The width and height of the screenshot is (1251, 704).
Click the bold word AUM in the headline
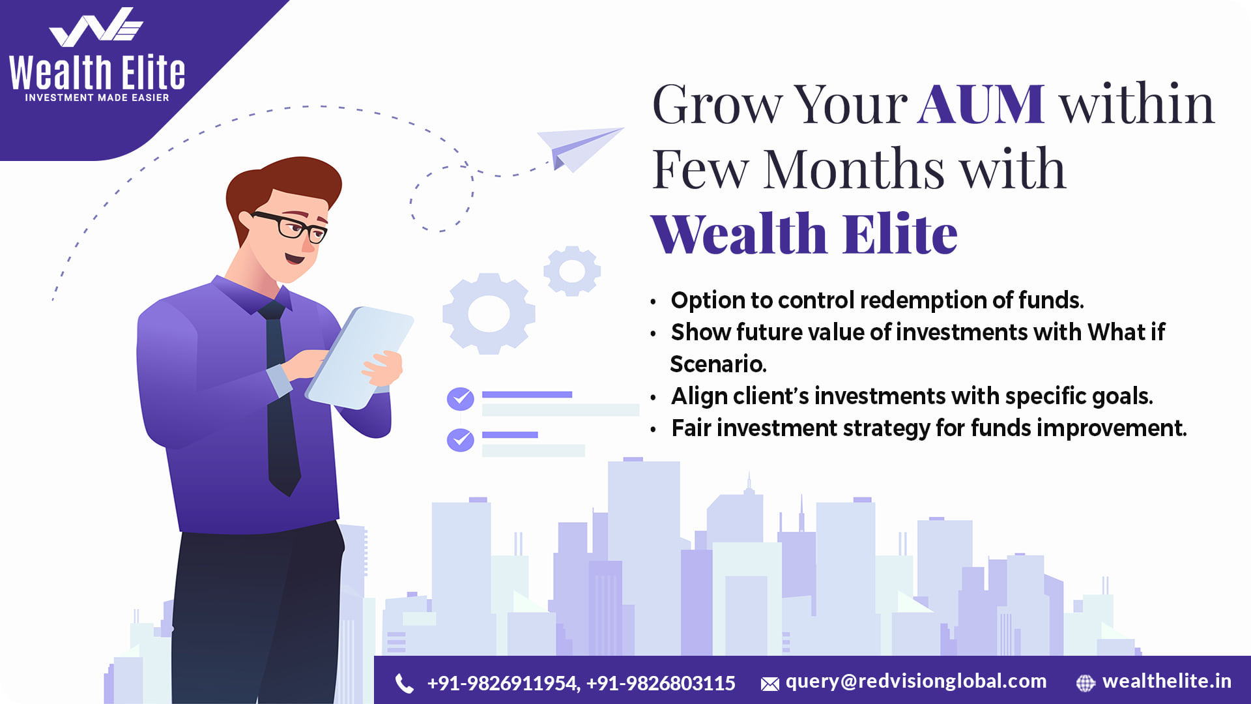click(x=981, y=104)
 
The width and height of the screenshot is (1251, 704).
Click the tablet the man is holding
click(x=360, y=358)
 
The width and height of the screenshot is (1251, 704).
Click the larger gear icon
click(x=489, y=314)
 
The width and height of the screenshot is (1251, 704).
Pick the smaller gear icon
click(x=572, y=271)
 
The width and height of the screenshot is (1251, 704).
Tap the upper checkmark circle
click(x=460, y=399)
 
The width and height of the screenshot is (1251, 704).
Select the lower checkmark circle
click(x=460, y=440)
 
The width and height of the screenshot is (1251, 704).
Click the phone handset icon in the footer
click(x=404, y=683)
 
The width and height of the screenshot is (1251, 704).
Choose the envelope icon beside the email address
click(x=769, y=684)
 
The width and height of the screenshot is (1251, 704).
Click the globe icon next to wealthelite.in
click(x=1086, y=683)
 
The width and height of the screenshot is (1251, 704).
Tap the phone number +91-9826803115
click(x=661, y=683)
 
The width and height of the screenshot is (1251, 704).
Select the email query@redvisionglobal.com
click(x=916, y=682)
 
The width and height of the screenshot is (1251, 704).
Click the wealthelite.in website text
click(x=1167, y=681)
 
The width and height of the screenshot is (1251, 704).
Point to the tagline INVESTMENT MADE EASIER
click(x=97, y=98)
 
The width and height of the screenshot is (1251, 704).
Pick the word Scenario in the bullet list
click(x=718, y=364)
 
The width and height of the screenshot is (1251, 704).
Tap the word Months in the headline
click(x=854, y=169)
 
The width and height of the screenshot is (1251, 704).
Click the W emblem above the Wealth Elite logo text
click(x=96, y=27)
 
